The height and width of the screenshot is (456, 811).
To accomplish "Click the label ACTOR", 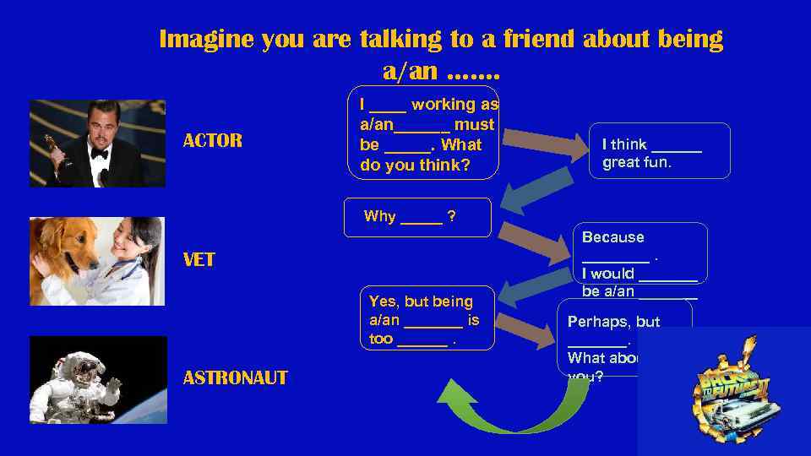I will click(212, 140).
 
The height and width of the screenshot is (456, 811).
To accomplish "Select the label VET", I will click(199, 260).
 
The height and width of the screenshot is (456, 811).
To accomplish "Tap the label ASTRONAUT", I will click(235, 377).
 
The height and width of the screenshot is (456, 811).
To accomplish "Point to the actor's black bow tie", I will click(100, 155).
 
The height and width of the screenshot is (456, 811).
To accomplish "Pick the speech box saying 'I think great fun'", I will click(659, 152).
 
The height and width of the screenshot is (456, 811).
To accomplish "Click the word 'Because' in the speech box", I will click(612, 237).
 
